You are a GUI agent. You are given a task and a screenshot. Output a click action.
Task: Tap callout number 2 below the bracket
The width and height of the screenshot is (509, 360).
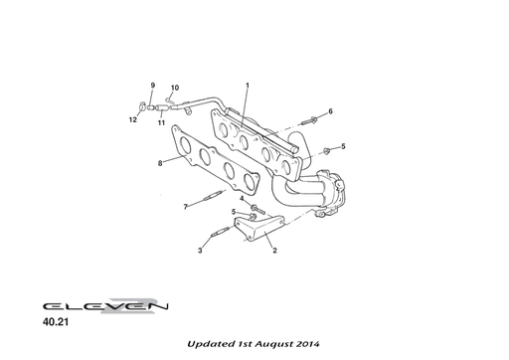[274, 251]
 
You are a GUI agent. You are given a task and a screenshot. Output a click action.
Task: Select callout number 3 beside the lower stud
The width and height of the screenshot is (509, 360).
[199, 251]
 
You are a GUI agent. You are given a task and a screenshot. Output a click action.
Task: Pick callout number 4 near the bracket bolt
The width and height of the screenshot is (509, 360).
[241, 199]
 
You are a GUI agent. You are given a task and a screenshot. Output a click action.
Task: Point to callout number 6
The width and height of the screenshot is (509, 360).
[331, 111]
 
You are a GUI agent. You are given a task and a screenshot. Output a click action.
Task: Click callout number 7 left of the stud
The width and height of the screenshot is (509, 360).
[184, 207]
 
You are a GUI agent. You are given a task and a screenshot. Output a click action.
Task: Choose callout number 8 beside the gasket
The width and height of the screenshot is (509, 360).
[159, 163]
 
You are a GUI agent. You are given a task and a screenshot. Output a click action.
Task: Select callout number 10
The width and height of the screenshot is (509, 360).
[175, 88]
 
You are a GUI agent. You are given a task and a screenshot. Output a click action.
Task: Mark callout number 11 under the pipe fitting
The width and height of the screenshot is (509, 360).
[161, 121]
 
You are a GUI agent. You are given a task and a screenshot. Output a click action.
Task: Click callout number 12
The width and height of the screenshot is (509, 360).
[131, 120]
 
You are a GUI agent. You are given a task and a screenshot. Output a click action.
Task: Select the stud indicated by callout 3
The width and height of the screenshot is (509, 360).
[221, 235]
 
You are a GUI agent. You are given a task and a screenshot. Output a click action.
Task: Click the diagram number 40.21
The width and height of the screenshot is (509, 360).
[57, 323]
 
